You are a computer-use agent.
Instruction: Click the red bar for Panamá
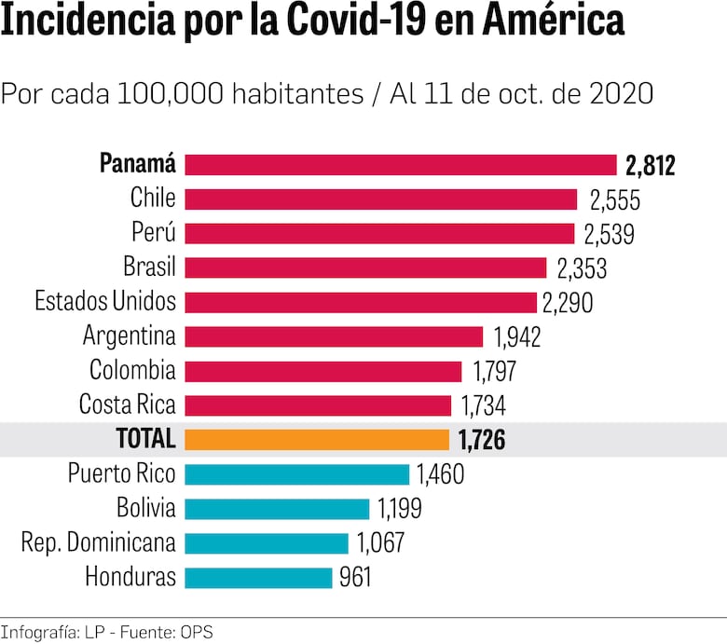point(401,165)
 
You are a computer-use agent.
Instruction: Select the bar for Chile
point(381,199)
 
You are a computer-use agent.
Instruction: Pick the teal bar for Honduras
point(258,578)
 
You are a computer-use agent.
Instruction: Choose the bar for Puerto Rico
point(296,474)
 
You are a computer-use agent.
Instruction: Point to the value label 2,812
point(650,166)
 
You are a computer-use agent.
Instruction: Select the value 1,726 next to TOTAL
point(482,440)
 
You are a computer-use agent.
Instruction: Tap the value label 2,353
point(582,268)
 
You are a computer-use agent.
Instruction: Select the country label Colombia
point(131,371)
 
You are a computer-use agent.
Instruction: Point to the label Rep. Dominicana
point(98,543)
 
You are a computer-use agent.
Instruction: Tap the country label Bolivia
point(145,509)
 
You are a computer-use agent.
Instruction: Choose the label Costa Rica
point(127,405)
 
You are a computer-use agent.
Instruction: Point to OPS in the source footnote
point(197,633)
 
